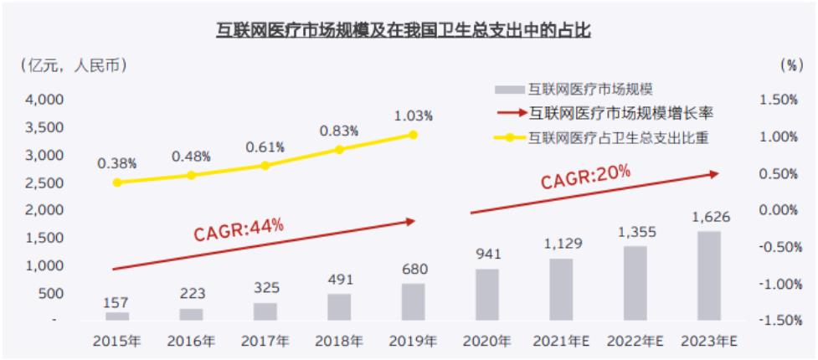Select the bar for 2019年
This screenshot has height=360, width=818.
tap(413, 301)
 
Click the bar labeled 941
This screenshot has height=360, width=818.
tap(486, 294)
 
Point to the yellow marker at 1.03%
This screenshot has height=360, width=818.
tap(413, 134)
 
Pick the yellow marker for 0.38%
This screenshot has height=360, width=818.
tap(117, 182)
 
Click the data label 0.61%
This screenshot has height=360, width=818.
tap(265, 147)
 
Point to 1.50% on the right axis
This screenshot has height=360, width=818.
tap(779, 100)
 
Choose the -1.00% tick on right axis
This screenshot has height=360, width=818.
tap(778, 284)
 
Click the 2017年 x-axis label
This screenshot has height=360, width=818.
tap(265, 341)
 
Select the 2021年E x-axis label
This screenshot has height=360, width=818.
tap(560, 341)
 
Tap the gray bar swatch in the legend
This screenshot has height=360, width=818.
tap(508, 90)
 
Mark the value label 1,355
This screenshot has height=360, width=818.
tap(634, 232)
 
